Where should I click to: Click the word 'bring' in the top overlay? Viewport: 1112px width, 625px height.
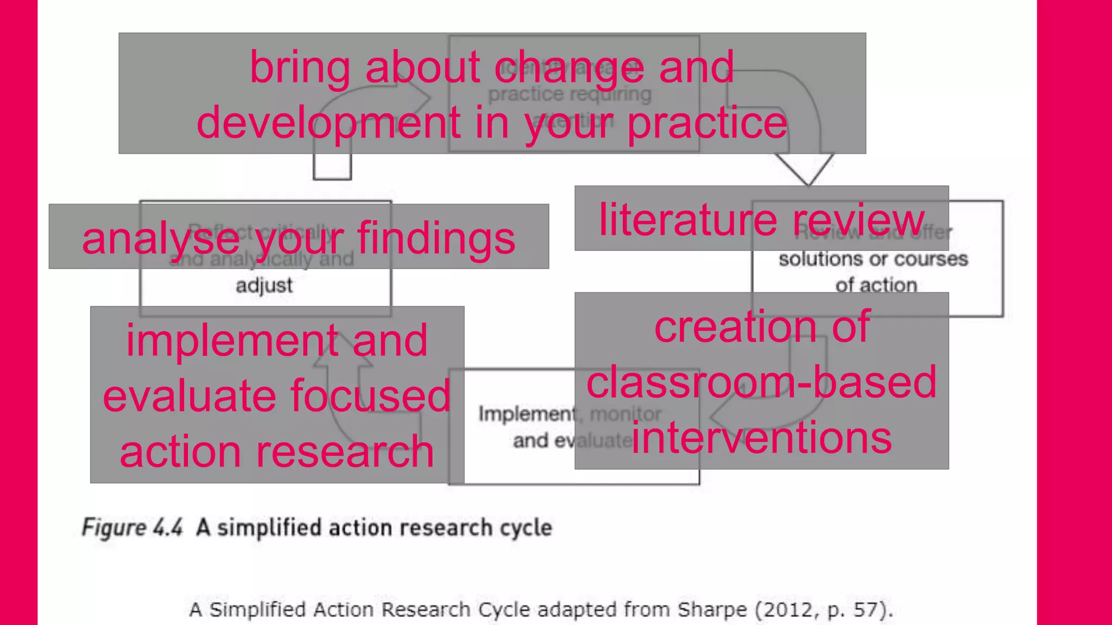(x=300, y=68)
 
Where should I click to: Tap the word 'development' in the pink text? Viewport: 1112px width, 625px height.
(x=328, y=123)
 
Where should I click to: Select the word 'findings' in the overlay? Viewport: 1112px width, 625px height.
(x=435, y=239)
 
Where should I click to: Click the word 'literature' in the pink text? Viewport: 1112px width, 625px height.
(x=688, y=220)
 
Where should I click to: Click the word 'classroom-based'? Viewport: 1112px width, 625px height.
(x=761, y=382)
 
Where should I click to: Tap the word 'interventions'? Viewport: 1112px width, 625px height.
(x=761, y=438)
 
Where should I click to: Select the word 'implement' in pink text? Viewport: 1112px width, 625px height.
(x=232, y=341)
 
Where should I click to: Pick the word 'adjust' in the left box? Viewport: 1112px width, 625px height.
(x=264, y=285)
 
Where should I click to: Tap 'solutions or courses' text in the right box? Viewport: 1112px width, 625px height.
(x=873, y=259)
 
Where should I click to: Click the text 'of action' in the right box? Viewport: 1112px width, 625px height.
(x=876, y=285)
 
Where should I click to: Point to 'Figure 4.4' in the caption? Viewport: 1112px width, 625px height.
(x=132, y=528)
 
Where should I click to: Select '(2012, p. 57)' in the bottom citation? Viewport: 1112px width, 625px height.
(x=823, y=610)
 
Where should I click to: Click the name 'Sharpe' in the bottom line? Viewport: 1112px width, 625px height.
(x=712, y=610)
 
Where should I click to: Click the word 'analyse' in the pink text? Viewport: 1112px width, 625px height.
(x=160, y=239)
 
